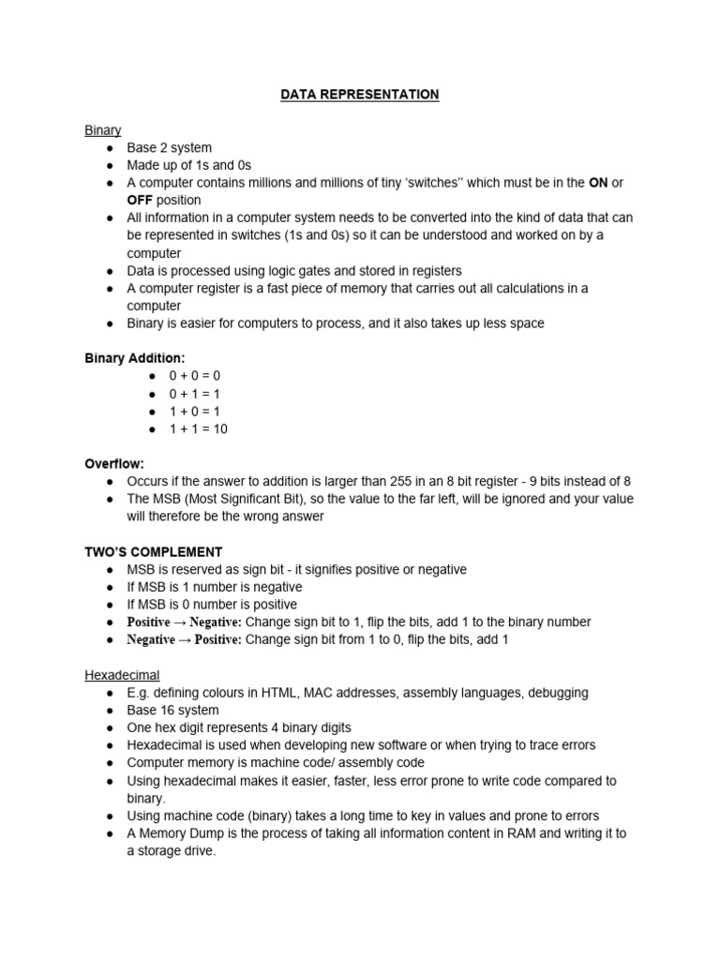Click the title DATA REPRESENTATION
pyautogui.click(x=360, y=95)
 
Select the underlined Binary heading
pyautogui.click(x=103, y=130)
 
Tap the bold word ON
pyautogui.click(x=597, y=183)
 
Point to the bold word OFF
pyautogui.click(x=142, y=201)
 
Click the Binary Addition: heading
pyautogui.click(x=135, y=358)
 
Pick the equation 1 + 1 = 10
pyautogui.click(x=198, y=429)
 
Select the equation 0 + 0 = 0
pyautogui.click(x=194, y=376)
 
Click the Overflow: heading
pyautogui.click(x=114, y=464)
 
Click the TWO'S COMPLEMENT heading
pyautogui.click(x=154, y=552)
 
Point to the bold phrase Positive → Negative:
pyautogui.click(x=185, y=622)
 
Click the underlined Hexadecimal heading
pyautogui.click(x=122, y=675)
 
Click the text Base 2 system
pyautogui.click(x=170, y=148)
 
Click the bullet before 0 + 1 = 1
pyautogui.click(x=152, y=394)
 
